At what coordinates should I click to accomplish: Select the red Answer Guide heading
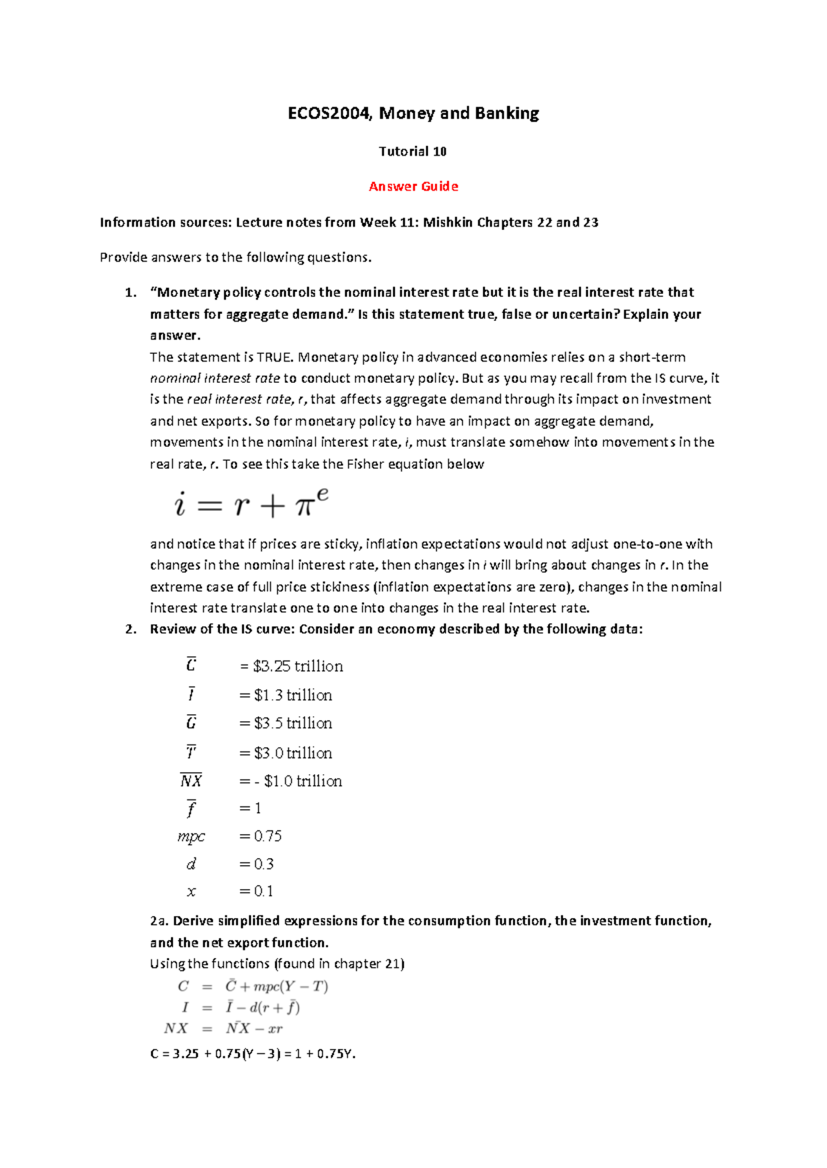pos(413,187)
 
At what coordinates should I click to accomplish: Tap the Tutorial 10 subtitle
pos(412,152)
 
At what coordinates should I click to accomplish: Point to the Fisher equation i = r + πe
pos(251,503)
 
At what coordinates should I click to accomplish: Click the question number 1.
pos(130,293)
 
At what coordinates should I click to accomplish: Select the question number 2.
pos(130,629)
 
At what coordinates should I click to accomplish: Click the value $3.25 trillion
pos(298,667)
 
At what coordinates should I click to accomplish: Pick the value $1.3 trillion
pos(292,696)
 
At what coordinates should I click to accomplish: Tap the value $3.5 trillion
pos(292,724)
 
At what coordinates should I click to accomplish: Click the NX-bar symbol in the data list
pos(191,781)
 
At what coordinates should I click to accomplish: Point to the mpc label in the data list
pos(191,837)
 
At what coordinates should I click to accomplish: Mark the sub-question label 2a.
pos(159,921)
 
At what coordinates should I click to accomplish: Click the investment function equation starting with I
pos(241,1008)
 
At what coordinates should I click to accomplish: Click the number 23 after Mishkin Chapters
pos(591,222)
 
